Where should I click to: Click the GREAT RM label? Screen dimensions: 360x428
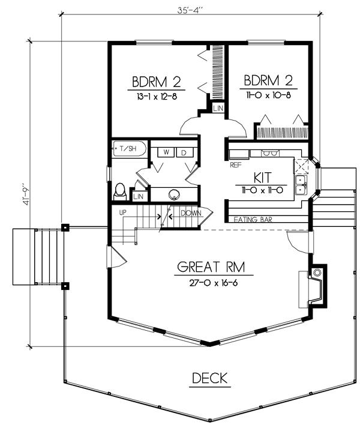click(x=211, y=267)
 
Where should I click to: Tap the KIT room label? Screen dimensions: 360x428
click(x=263, y=178)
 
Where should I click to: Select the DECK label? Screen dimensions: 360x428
click(x=209, y=378)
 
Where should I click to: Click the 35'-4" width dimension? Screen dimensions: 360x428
click(x=191, y=10)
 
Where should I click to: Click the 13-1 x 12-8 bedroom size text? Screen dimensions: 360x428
click(x=157, y=97)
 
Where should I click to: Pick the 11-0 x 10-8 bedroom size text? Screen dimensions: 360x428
click(x=268, y=95)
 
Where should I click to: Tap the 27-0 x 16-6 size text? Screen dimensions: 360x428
click(x=214, y=283)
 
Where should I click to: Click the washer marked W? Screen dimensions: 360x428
click(x=166, y=152)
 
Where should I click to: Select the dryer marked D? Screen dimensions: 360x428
click(x=184, y=152)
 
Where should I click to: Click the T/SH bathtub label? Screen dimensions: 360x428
click(x=128, y=149)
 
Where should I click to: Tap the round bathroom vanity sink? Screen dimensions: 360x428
click(x=174, y=194)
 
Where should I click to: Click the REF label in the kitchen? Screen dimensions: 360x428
click(x=236, y=165)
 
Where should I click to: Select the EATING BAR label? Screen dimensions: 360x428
click(x=253, y=220)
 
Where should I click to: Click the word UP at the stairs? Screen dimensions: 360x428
click(x=123, y=212)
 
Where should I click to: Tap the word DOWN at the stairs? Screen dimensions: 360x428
click(x=191, y=213)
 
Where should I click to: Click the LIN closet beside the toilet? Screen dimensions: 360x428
click(x=139, y=196)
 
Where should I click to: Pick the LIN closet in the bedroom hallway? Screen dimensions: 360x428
click(x=218, y=109)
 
